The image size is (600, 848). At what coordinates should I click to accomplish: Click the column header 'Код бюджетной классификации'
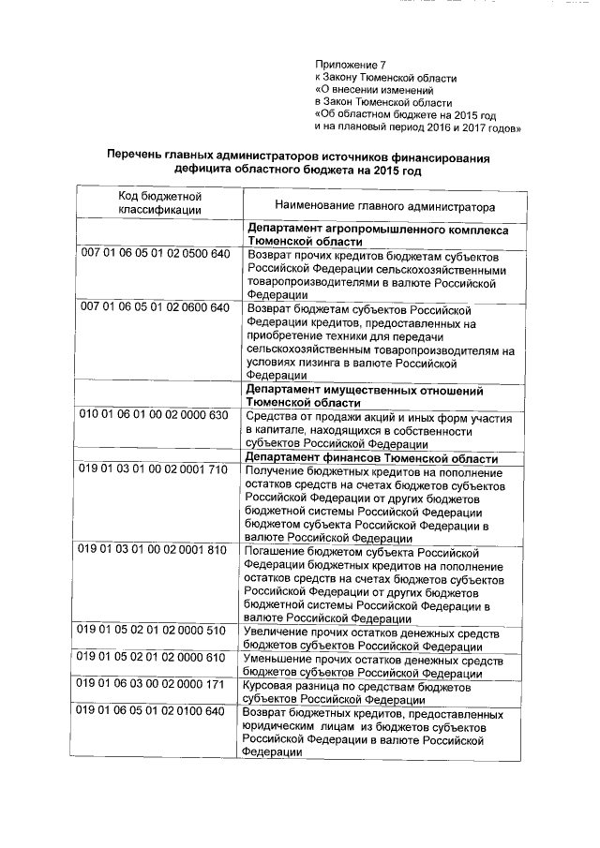(159, 202)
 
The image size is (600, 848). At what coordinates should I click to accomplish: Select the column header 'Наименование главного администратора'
(385, 205)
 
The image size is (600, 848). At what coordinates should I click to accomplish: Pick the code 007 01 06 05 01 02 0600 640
(155, 307)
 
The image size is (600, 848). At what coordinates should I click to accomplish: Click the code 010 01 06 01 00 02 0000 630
(155, 415)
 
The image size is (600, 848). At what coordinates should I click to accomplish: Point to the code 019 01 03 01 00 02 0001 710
(155, 469)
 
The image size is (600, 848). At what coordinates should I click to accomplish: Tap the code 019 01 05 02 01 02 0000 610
(155, 658)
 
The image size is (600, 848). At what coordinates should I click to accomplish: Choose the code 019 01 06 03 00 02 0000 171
(155, 685)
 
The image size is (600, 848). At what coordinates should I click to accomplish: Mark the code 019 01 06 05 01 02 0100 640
(155, 712)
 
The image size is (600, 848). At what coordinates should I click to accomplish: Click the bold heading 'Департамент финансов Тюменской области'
(372, 458)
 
